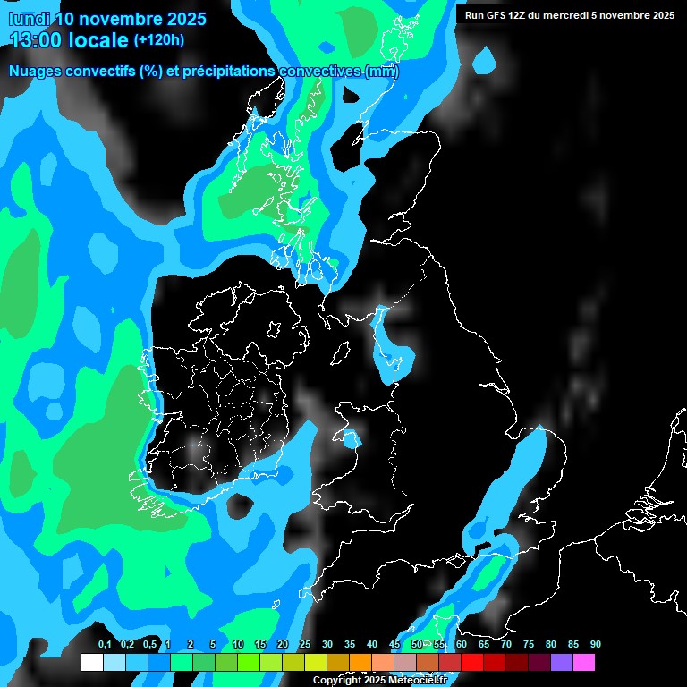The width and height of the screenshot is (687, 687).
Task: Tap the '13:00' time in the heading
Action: click(x=36, y=39)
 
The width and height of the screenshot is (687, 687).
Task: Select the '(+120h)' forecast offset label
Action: click(x=159, y=39)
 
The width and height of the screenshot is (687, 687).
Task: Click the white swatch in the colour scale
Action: click(x=92, y=663)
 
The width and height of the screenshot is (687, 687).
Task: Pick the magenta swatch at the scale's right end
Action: click(x=584, y=663)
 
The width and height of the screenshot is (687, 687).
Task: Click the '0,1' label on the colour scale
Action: click(x=104, y=645)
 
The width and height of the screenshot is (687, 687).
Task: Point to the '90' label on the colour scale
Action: click(x=595, y=645)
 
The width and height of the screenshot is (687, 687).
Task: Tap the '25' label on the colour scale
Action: click(x=305, y=645)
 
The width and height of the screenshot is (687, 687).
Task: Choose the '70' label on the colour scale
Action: click(x=506, y=645)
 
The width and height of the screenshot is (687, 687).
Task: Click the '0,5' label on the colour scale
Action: click(x=148, y=645)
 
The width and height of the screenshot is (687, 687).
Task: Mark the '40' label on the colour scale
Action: click(x=372, y=645)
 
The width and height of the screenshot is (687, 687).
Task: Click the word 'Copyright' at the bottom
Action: click(x=337, y=681)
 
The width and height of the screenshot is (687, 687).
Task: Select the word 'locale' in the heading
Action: click(x=98, y=39)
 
